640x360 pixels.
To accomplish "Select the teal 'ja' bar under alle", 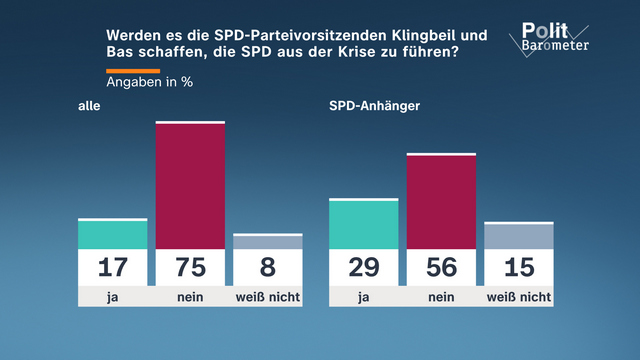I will coord(113,234).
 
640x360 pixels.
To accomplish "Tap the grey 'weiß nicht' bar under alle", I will coord(267,242).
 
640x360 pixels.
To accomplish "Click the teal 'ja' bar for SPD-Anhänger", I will coord(364,224).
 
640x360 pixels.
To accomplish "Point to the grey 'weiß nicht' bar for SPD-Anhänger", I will coord(518,236).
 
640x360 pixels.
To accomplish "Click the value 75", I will coord(190,268).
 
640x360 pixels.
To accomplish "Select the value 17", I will coord(113,268).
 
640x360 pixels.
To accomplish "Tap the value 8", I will coord(267,268).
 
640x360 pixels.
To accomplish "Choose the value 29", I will coord(364,268).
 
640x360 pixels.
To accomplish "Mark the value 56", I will coord(441,268).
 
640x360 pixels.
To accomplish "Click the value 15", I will coord(518,268).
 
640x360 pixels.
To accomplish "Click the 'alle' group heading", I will coord(89,106).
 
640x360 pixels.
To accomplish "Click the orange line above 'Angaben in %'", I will coord(133,69).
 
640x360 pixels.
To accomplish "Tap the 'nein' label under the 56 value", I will coord(441,297).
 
